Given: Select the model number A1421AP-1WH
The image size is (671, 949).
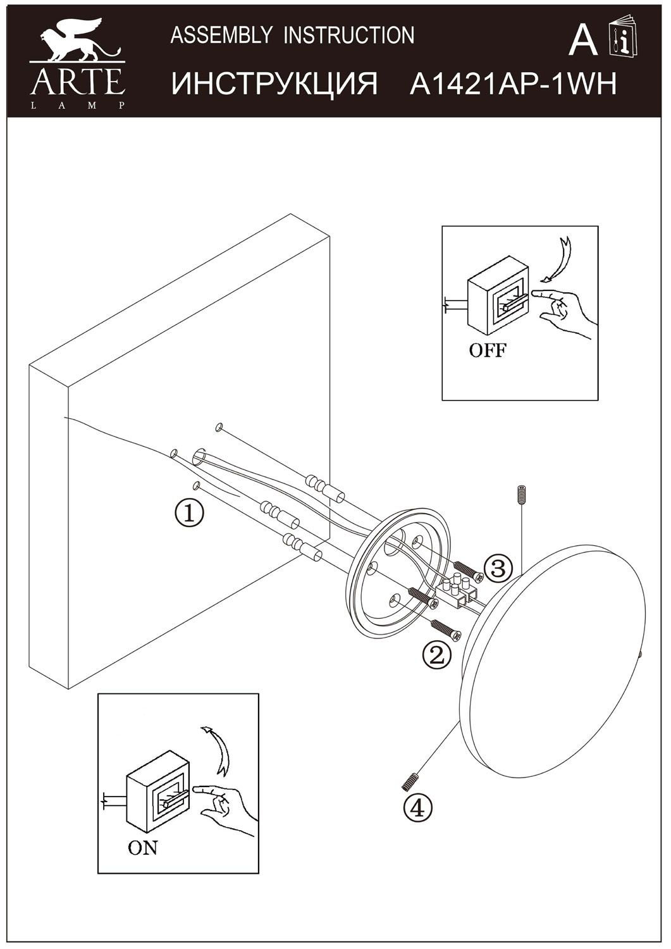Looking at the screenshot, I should (513, 84).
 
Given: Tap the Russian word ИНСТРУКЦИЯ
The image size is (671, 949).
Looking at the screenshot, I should (275, 84).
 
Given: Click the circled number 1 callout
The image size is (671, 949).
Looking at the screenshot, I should (189, 513).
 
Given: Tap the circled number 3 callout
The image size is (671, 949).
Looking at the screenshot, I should (498, 568).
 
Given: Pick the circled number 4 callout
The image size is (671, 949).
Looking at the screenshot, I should (419, 808).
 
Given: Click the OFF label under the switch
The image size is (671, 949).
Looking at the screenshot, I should (488, 350).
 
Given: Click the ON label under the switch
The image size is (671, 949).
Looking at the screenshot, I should (143, 848).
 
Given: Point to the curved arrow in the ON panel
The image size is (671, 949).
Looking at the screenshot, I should (216, 750).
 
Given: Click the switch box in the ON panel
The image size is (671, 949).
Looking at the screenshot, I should (158, 791).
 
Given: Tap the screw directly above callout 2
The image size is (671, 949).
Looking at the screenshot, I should (446, 630).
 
